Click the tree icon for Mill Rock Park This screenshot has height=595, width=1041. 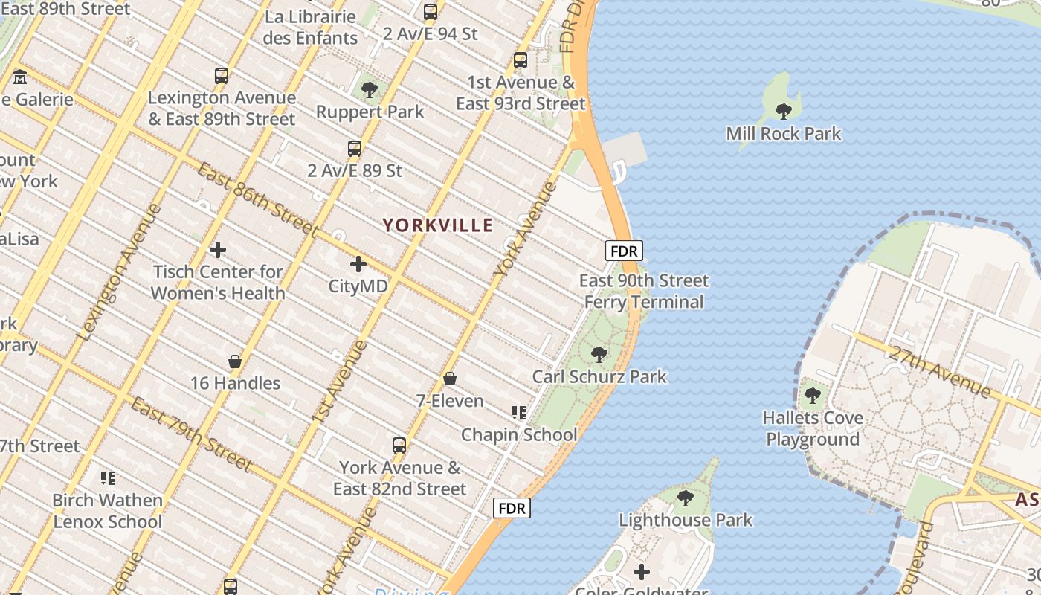pos(783,112)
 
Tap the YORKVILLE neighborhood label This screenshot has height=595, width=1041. pos(437,225)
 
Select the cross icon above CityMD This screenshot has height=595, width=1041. pos(358,263)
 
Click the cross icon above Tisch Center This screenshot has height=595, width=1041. pos(218,250)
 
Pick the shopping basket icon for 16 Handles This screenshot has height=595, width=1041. pos(235,361)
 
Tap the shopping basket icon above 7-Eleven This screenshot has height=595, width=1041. pos(450,379)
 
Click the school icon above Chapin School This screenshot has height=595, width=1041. pos(519,412)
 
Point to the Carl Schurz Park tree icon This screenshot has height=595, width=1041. pos(599,355)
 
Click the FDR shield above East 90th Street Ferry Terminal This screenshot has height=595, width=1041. pos(624,251)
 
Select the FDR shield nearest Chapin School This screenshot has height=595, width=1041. pos(512,508)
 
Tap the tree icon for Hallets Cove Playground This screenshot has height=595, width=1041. pos(813,396)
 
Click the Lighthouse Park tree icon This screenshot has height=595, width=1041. pos(686,498)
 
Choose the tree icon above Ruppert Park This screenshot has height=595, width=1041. pos(369,90)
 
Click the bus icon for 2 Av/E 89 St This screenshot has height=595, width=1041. pos(355,148)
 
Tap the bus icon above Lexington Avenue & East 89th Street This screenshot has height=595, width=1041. pos(222,75)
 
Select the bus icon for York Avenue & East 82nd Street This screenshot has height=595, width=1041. pos(399,446)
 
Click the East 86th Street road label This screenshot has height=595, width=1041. pos(257,199)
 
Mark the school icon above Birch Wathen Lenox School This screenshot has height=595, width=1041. pos(108,477)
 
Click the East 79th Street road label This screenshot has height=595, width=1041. pos(192,434)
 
